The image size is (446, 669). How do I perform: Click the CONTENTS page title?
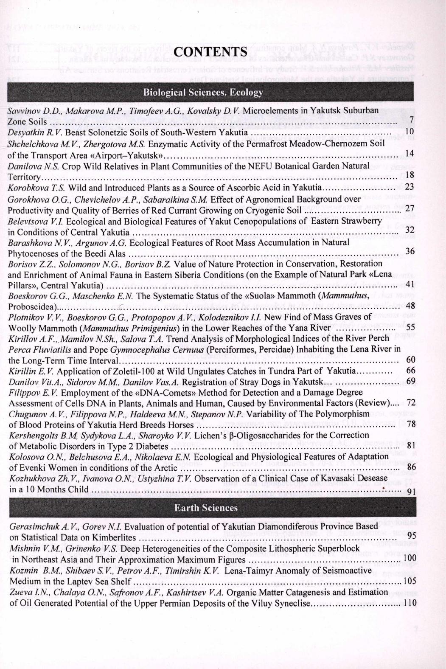(x=211, y=51)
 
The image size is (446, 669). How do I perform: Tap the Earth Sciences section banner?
(x=206, y=508)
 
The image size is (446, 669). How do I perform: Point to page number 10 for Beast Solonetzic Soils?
(x=410, y=132)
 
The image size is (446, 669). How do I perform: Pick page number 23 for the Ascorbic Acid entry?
(x=410, y=187)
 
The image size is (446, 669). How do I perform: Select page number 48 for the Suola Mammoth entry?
(x=410, y=306)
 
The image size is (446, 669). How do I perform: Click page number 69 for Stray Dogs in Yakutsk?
(x=410, y=381)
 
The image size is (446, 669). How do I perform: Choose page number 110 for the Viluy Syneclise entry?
(x=409, y=603)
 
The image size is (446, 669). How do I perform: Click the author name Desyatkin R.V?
(x=29, y=132)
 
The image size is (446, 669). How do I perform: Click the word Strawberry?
(x=364, y=221)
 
